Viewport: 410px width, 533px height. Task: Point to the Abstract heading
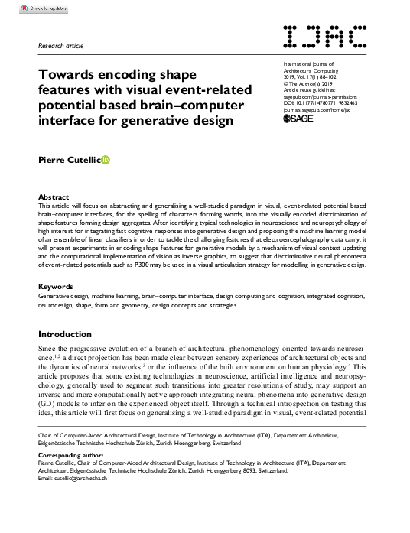(x=53, y=197)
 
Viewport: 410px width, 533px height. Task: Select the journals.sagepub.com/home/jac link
(x=320, y=109)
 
